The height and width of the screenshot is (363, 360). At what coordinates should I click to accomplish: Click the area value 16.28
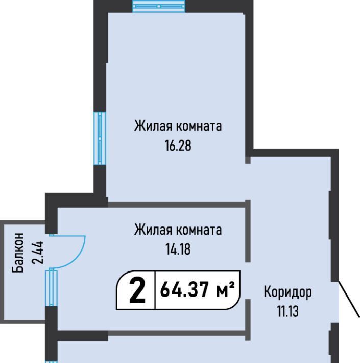(178, 146)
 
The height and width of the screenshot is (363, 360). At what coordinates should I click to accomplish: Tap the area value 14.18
(178, 249)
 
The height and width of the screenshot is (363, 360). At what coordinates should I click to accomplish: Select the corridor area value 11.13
(288, 311)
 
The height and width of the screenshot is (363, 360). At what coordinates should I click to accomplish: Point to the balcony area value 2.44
(38, 253)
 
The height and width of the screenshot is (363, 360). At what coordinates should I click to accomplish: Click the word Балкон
(18, 253)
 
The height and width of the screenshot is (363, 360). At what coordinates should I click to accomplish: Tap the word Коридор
(288, 292)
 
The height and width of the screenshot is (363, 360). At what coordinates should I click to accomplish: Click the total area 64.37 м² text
(198, 290)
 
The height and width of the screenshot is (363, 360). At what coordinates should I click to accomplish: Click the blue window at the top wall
(159, 6)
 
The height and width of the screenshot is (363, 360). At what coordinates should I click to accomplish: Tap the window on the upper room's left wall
(100, 139)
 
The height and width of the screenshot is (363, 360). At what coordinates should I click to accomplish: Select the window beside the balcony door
(52, 288)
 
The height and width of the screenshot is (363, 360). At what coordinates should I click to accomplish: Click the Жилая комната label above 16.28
(178, 126)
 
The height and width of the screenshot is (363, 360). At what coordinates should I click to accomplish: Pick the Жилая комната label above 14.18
(178, 230)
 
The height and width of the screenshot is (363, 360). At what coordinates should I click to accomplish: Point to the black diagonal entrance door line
(349, 299)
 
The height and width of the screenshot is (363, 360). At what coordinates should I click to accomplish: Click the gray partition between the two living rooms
(177, 205)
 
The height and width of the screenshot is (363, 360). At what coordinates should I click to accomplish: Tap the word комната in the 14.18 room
(199, 230)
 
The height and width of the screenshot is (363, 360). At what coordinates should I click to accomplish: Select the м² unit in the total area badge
(225, 290)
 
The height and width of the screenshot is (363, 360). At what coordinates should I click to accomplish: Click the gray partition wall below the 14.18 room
(177, 333)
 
